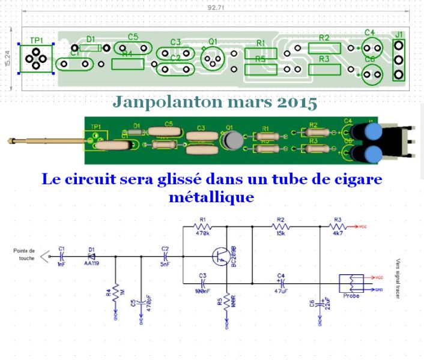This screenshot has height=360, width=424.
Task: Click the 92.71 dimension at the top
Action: coord(216,8)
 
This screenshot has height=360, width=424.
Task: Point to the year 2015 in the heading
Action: coord(297,103)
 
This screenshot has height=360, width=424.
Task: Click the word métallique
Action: coord(212,196)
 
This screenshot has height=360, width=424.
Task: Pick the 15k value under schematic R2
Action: coord(280,233)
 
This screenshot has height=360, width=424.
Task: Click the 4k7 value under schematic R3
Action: coord(337,233)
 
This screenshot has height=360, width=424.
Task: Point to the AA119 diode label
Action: coord(91,263)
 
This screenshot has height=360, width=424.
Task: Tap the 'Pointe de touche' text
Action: coord(24,254)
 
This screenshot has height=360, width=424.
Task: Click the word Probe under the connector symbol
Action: coord(351,295)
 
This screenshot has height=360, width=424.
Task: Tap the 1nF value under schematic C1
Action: coord(61,263)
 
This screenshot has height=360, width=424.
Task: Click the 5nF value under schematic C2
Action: coord(165,263)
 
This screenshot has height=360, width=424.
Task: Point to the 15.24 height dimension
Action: coord(8,58)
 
